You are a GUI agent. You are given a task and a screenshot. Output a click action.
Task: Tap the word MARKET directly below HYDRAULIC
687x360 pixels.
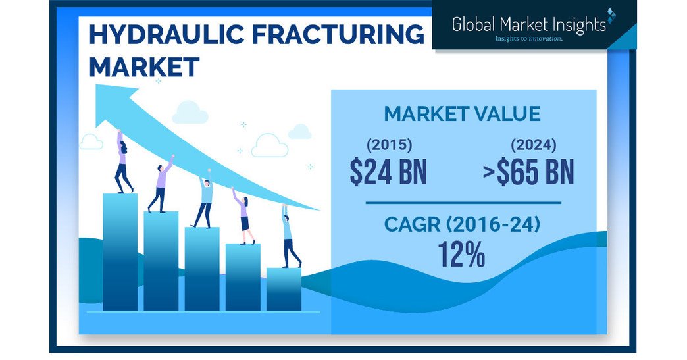143,67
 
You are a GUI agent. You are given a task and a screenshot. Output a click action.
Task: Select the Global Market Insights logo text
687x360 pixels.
529,24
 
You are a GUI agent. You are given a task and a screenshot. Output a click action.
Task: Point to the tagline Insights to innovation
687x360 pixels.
528,39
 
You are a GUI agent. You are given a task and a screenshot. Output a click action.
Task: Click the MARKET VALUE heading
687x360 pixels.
462,113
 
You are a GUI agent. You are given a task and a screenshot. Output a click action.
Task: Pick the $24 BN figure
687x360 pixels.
388,172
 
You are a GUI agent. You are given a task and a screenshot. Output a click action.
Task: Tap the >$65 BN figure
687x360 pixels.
527,172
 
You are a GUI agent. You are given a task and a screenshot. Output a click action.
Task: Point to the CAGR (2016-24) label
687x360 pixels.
462,226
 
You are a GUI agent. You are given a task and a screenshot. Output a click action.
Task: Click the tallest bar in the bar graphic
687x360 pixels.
120,250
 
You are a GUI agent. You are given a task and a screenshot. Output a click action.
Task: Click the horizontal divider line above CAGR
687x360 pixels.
463,203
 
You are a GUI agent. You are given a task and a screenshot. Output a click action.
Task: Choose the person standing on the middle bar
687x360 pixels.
204,202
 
